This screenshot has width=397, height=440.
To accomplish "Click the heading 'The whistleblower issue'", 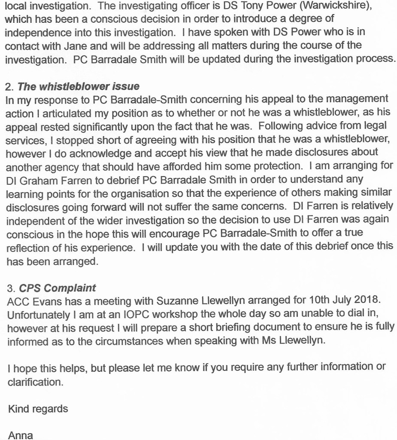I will (x=79, y=86).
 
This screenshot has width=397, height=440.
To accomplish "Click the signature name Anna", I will (x=20, y=435).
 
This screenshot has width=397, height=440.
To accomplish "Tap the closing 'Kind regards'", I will (x=38, y=408).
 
